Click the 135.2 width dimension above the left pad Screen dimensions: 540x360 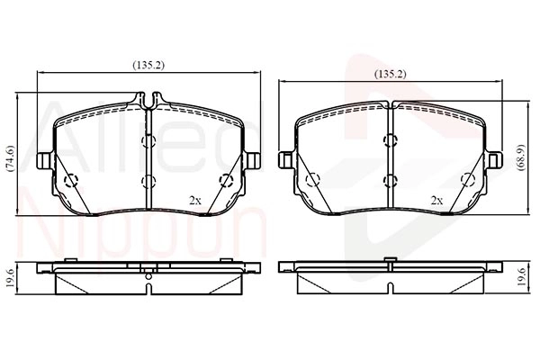pos(148,65)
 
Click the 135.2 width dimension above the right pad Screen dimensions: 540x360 pos(391,74)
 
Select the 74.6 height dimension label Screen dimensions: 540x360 pos(10,158)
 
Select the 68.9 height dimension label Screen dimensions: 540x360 pos(521,157)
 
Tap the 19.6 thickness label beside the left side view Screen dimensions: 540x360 pos(10,279)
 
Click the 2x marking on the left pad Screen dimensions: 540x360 pos(195,200)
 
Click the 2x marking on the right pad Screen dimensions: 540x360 pos(436,200)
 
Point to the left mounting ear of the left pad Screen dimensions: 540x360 pos(45,160)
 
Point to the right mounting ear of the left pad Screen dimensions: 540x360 pos(253,160)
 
